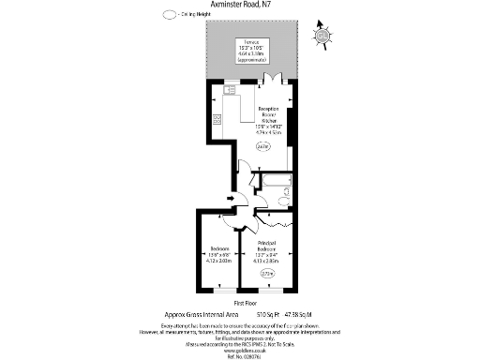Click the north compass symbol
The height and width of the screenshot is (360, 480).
pyautogui.click(x=323, y=35)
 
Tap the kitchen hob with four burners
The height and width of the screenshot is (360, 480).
pyautogui.click(x=217, y=119)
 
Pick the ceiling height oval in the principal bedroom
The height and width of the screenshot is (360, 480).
pyautogui.click(x=267, y=273)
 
